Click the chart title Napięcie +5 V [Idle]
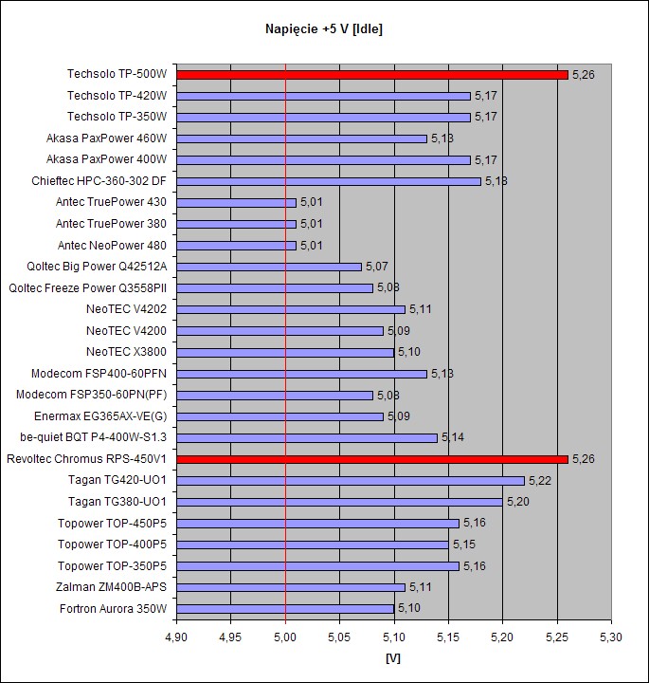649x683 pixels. click(x=324, y=29)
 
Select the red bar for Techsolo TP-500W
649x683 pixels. click(x=372, y=74)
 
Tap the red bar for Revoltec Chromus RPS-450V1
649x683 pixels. click(x=372, y=459)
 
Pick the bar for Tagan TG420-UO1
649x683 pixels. click(x=351, y=481)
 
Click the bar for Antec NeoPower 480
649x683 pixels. click(x=236, y=245)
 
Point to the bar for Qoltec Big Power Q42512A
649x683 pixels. click(x=269, y=267)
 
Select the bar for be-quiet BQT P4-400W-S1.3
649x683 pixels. click(x=307, y=438)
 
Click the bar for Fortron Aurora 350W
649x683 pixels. click(x=285, y=609)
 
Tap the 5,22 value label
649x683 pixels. click(x=540, y=481)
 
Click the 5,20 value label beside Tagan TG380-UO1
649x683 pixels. click(x=518, y=502)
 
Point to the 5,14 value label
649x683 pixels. click(x=453, y=438)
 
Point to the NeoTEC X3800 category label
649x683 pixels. click(x=126, y=352)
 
